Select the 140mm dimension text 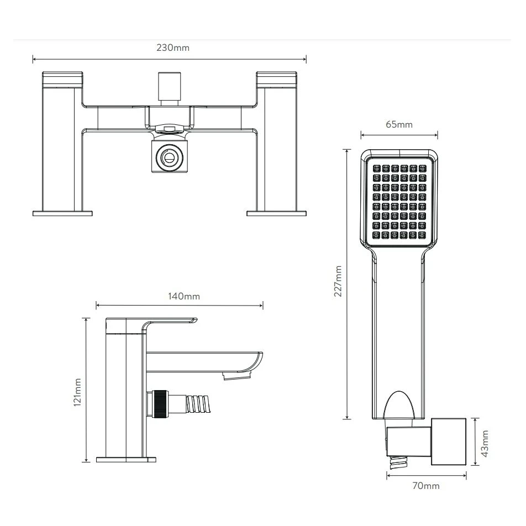(183, 296)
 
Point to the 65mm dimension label (398, 124)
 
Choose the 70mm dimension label (426, 486)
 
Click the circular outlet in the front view (169, 157)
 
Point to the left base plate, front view (62, 213)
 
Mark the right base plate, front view (276, 213)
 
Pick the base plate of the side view (125, 459)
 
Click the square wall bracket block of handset (449, 443)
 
